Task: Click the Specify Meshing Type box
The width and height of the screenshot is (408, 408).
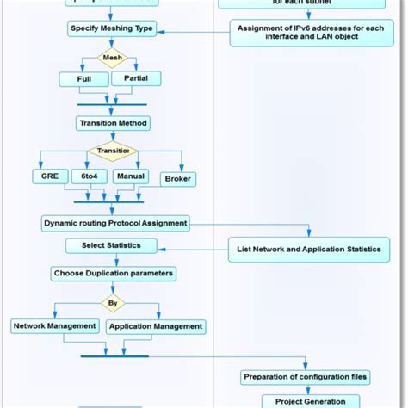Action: pos(111,28)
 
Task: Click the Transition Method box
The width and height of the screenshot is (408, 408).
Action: pos(112,123)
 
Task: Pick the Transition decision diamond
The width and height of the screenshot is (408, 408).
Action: pos(112,151)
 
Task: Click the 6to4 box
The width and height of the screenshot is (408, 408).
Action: pos(90,175)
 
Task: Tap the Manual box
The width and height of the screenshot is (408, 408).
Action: pos(131,175)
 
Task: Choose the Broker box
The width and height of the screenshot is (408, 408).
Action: pos(177,178)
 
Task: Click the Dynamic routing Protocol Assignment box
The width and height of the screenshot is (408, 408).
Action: pos(115,223)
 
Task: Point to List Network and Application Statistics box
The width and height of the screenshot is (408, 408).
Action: pos(308,250)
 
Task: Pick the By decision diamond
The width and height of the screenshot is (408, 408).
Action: pos(112,303)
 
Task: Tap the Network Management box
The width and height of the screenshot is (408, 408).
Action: pos(53,326)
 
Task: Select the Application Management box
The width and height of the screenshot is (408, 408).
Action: pos(156,326)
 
